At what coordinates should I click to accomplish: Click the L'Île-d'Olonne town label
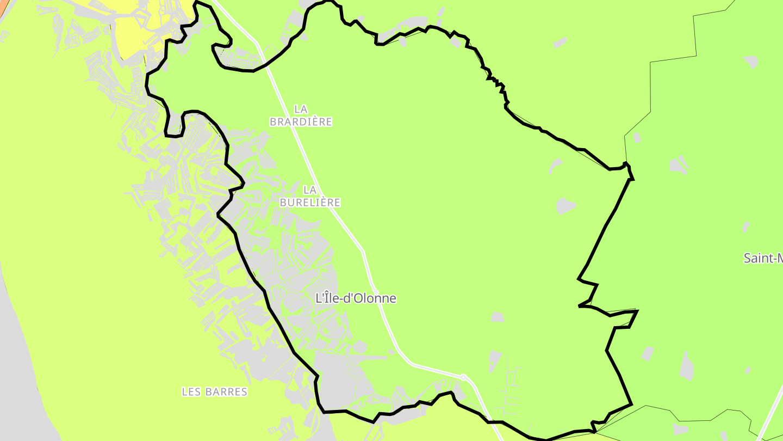(x=356, y=298)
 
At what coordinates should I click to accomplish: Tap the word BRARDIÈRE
(x=301, y=122)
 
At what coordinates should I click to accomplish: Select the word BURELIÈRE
(x=310, y=203)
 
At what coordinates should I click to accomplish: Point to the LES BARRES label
(x=214, y=391)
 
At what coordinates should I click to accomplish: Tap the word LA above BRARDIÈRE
(x=301, y=109)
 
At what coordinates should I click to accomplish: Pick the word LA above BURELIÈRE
(x=310, y=190)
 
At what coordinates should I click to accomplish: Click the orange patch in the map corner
(x=3, y=8)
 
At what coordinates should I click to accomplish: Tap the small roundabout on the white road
(x=463, y=377)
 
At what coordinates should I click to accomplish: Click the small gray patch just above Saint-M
(x=746, y=226)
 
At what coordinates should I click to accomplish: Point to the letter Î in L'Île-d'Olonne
(x=325, y=298)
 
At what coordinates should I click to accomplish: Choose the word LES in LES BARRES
(x=191, y=391)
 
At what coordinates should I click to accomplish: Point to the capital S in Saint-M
(x=748, y=258)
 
